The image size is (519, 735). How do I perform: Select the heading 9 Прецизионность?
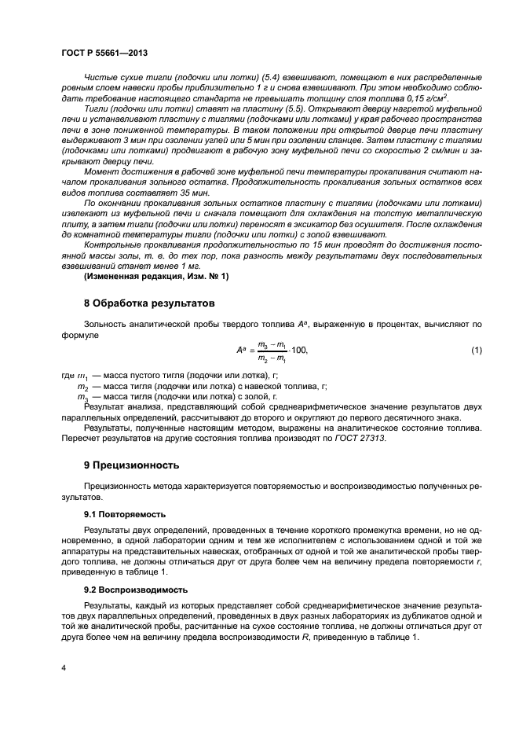coord(132,465)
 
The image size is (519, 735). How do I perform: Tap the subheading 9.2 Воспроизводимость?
coord(134,589)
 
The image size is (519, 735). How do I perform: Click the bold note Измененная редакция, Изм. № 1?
coord(155,277)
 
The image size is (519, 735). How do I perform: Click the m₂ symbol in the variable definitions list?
coord(82,387)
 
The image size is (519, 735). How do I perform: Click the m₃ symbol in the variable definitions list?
coord(82,397)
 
